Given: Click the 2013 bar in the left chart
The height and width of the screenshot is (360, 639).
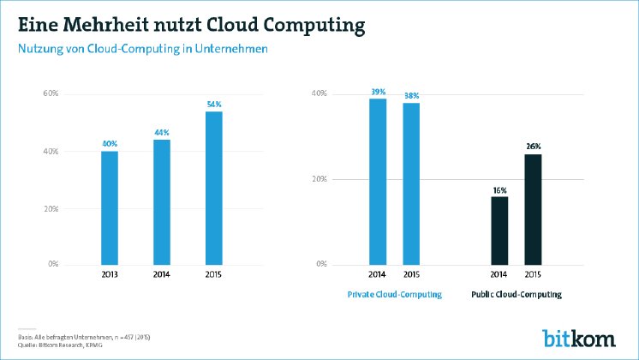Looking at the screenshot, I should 110,207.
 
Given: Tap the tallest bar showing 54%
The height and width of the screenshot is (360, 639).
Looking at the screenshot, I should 213,188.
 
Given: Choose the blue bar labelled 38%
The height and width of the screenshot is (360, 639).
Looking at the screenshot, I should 411,183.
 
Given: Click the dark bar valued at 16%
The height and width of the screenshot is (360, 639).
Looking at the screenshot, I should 499,231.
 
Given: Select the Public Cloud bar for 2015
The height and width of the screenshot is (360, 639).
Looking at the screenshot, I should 533,209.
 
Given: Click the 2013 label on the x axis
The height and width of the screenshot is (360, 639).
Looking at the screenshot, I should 110,275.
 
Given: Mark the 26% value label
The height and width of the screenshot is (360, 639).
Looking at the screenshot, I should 533,147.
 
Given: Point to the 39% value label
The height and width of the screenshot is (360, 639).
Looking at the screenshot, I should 378,91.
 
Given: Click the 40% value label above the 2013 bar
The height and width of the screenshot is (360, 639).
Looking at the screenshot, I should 110,143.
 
